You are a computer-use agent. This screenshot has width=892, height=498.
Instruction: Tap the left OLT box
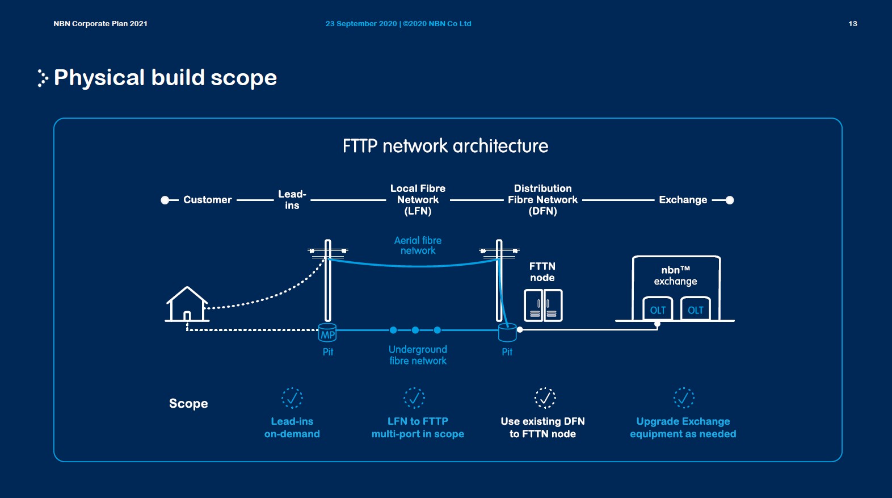658,309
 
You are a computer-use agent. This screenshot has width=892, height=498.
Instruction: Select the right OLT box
695,309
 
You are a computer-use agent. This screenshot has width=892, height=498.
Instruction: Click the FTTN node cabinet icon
543,306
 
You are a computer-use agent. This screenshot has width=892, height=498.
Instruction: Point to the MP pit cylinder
327,333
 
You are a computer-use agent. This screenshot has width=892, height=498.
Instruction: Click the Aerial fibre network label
418,245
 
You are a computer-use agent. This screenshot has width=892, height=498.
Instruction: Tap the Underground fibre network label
418,355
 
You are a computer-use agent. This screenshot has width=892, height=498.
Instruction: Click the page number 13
852,24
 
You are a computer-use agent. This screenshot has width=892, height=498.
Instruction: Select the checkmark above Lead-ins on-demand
292,397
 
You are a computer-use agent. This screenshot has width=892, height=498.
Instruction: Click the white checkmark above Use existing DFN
545,397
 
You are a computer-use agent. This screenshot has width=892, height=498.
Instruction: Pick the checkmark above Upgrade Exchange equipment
684,397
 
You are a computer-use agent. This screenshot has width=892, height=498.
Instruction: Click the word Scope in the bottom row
188,404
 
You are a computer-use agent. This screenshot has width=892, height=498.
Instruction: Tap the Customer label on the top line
207,200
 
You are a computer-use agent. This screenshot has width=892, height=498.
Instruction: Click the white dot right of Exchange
730,200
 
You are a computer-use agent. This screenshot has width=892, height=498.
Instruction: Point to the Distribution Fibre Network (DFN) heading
542,199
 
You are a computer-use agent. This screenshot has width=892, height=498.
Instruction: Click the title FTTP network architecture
445,146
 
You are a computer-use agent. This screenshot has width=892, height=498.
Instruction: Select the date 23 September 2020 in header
361,24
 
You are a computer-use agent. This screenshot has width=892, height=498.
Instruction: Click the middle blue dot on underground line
415,330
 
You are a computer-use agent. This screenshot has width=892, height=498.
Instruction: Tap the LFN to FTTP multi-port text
418,428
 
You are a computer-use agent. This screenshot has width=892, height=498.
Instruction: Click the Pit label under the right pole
507,352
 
